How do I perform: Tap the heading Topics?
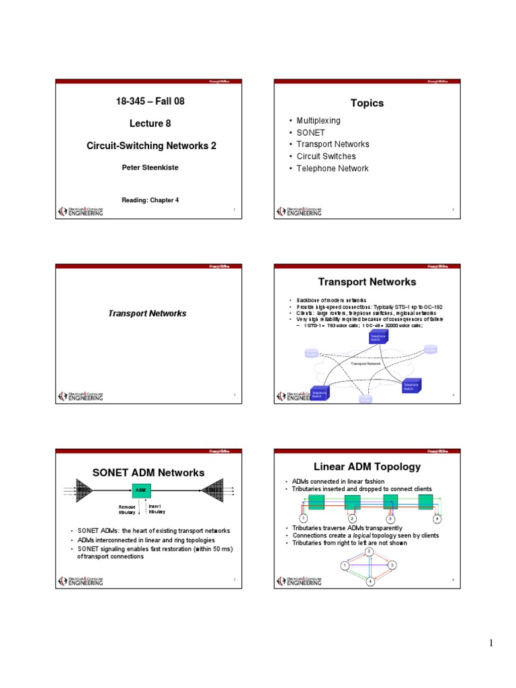pos(367,103)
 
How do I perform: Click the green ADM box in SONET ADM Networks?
pos(141,490)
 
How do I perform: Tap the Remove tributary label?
pos(127,509)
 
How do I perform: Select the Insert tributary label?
pos(157,509)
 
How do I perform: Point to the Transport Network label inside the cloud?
pos(366,363)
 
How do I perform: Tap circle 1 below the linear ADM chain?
pos(304,519)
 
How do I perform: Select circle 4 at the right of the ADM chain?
pos(437,519)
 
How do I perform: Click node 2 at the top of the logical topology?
pos(370,552)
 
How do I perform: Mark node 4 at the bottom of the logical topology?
pos(370,581)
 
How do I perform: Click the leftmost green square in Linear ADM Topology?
pos(318,503)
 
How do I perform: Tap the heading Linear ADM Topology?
pos(367,466)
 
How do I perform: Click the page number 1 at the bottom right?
pos(491,644)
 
